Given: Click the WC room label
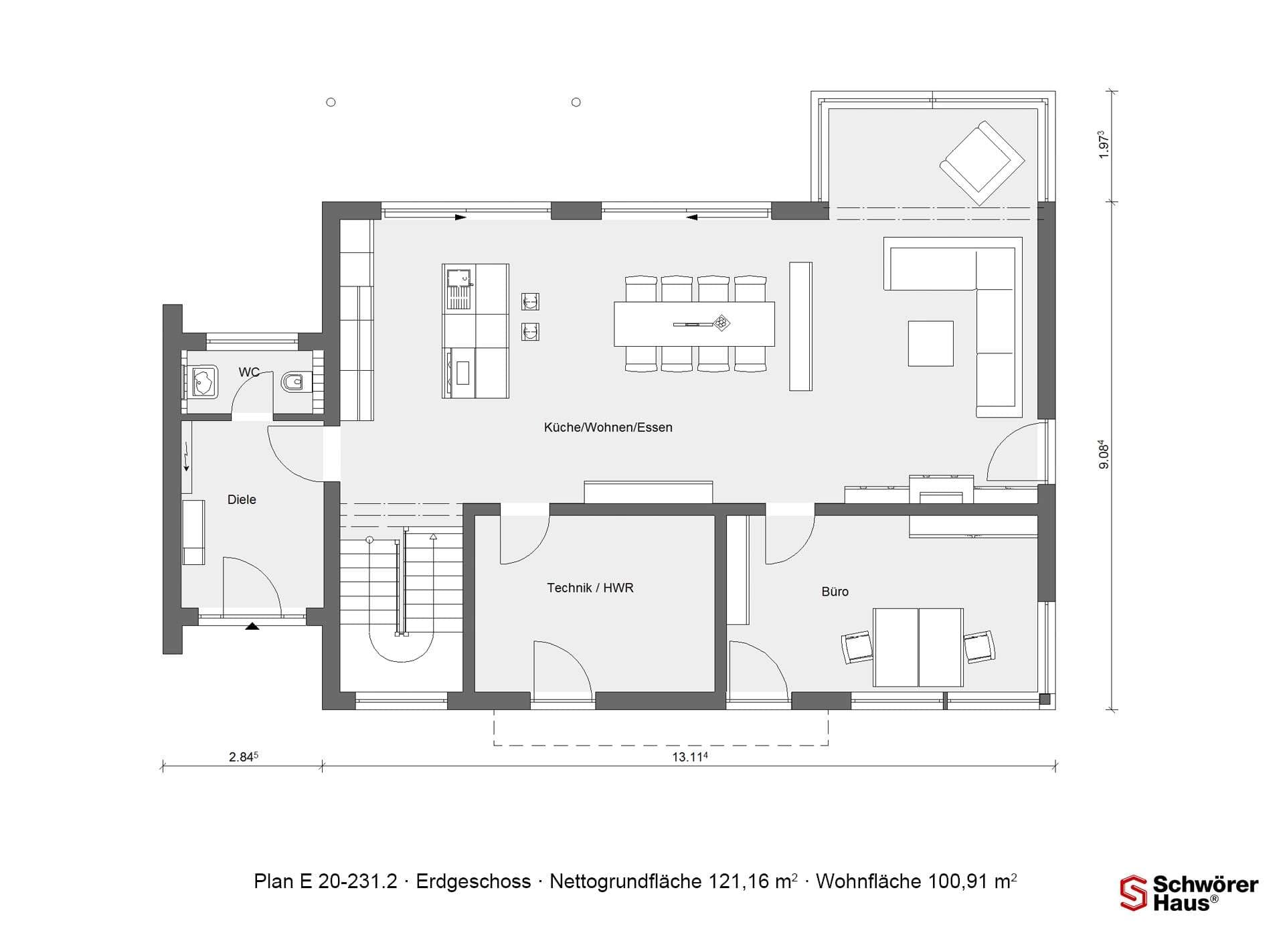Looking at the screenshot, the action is (x=249, y=372).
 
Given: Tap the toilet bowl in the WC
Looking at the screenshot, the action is (x=292, y=382).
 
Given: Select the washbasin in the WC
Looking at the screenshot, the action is (x=201, y=381).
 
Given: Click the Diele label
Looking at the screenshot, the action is (x=242, y=499).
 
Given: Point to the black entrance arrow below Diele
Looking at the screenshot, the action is (x=252, y=626).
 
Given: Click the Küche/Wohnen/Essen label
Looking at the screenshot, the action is (x=608, y=427).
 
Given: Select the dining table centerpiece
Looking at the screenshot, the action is (x=721, y=323).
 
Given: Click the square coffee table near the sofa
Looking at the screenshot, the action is (x=930, y=343).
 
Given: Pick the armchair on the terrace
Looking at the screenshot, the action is (x=982, y=163).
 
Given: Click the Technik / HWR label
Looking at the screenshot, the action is (x=590, y=588).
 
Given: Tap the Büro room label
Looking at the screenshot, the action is (x=835, y=592).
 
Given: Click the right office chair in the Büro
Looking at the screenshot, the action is (x=978, y=647).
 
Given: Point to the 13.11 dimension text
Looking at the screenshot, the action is (x=690, y=757).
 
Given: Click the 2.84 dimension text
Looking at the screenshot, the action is (x=244, y=757).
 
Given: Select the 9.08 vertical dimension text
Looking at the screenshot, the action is (x=1104, y=454).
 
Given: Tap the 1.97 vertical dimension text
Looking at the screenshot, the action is (x=1104, y=145).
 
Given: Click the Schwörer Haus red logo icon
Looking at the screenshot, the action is (x=1134, y=893).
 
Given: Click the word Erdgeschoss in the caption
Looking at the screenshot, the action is (x=473, y=881).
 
